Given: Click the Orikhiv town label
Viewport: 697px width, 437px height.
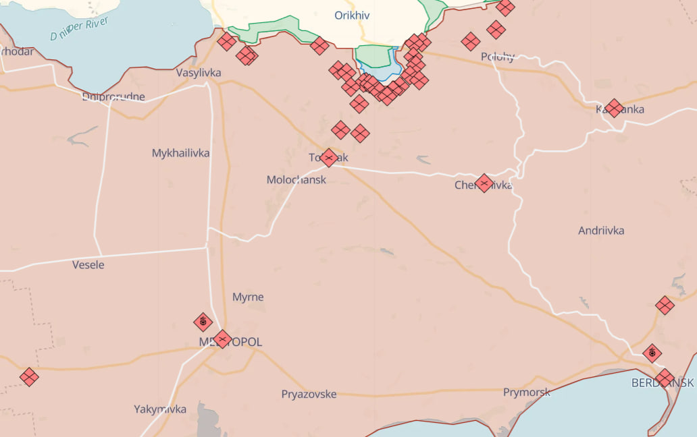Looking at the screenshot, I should click(x=352, y=15).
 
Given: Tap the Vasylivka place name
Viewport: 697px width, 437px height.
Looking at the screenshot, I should click(x=199, y=73).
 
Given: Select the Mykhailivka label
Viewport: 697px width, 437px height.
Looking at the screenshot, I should click(x=180, y=153).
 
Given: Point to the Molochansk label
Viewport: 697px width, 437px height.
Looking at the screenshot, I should click(x=296, y=180).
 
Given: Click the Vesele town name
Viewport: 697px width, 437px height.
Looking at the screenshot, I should click(x=88, y=265).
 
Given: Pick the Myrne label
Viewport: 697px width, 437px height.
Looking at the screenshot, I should click(x=248, y=297).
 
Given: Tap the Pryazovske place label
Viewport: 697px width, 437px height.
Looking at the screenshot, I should click(x=309, y=395).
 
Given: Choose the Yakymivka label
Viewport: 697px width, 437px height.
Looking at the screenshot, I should click(x=160, y=409).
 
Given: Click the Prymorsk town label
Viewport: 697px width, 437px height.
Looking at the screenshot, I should click(x=526, y=392).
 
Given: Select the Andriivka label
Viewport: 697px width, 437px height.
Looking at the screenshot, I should click(x=601, y=231).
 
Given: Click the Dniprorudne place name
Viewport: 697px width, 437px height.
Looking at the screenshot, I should click(x=113, y=97).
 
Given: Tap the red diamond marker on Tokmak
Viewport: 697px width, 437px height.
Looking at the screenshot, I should click(x=329, y=158).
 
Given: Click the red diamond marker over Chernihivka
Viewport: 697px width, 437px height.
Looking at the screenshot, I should click(x=484, y=183).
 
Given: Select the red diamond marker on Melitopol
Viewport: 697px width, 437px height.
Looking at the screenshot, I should click(x=222, y=339).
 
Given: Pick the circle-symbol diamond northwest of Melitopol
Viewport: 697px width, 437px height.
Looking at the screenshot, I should click(x=203, y=322).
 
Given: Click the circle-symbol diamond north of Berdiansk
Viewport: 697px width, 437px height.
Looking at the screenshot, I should click(x=652, y=353).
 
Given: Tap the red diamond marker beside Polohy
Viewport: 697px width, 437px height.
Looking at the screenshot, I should click(x=471, y=42).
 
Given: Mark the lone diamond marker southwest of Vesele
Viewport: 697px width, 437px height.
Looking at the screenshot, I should click(x=29, y=377).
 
